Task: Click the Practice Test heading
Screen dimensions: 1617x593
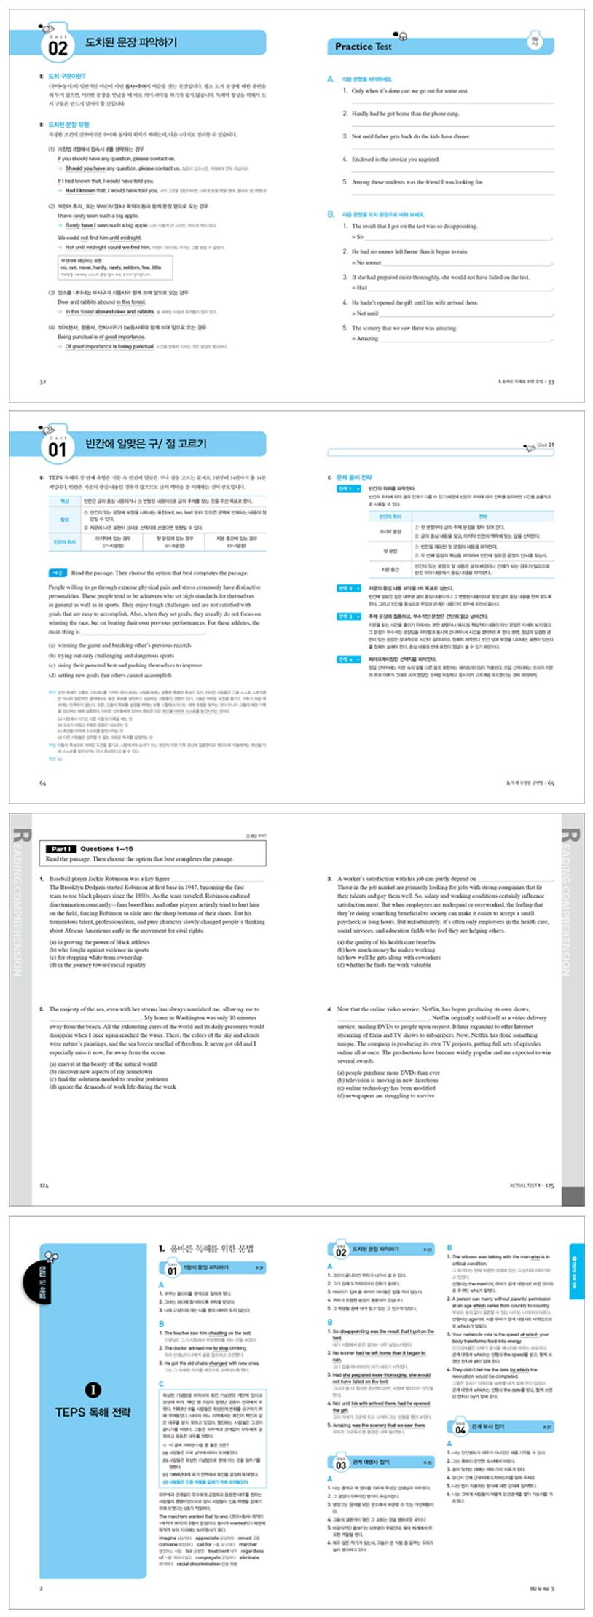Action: pyautogui.click(x=363, y=47)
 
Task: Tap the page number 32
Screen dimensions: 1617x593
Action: pyautogui.click(x=42, y=381)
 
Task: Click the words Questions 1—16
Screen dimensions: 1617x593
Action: pyautogui.click(x=106, y=849)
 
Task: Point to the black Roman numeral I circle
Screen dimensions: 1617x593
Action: pyautogui.click(x=93, y=1390)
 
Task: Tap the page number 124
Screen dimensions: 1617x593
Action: pyautogui.click(x=44, y=1186)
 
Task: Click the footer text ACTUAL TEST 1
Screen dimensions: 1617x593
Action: pyautogui.click(x=525, y=1186)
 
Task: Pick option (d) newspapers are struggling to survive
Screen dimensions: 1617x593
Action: pyautogui.click(x=385, y=1096)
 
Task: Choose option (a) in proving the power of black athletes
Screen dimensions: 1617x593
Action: pyautogui.click(x=99, y=942)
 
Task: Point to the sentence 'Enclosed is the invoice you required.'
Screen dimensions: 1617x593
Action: pyautogui.click(x=395, y=159)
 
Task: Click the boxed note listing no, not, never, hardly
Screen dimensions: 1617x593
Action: pyautogui.click(x=115, y=267)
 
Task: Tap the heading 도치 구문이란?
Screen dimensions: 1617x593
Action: pyautogui.click(x=66, y=76)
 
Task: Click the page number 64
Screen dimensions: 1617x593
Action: pyautogui.click(x=42, y=783)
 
